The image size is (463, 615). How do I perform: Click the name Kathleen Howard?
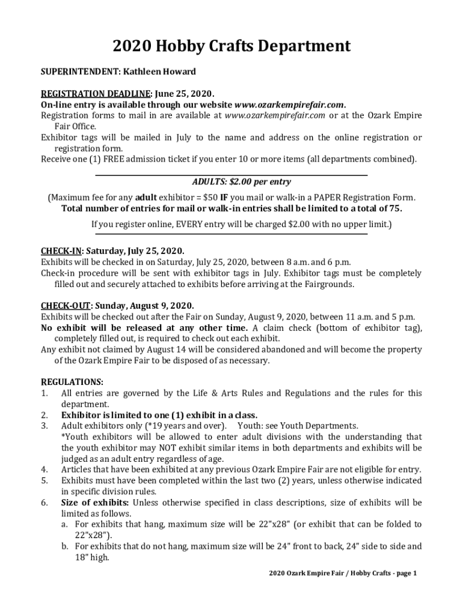159,71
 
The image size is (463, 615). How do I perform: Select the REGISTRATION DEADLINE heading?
96,94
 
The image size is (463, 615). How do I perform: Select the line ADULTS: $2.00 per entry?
232,182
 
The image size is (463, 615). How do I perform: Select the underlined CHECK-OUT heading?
65,305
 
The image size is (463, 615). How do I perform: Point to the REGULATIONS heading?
72,382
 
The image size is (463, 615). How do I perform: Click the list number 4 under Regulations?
44,470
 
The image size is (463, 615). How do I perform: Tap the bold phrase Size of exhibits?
95,503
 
